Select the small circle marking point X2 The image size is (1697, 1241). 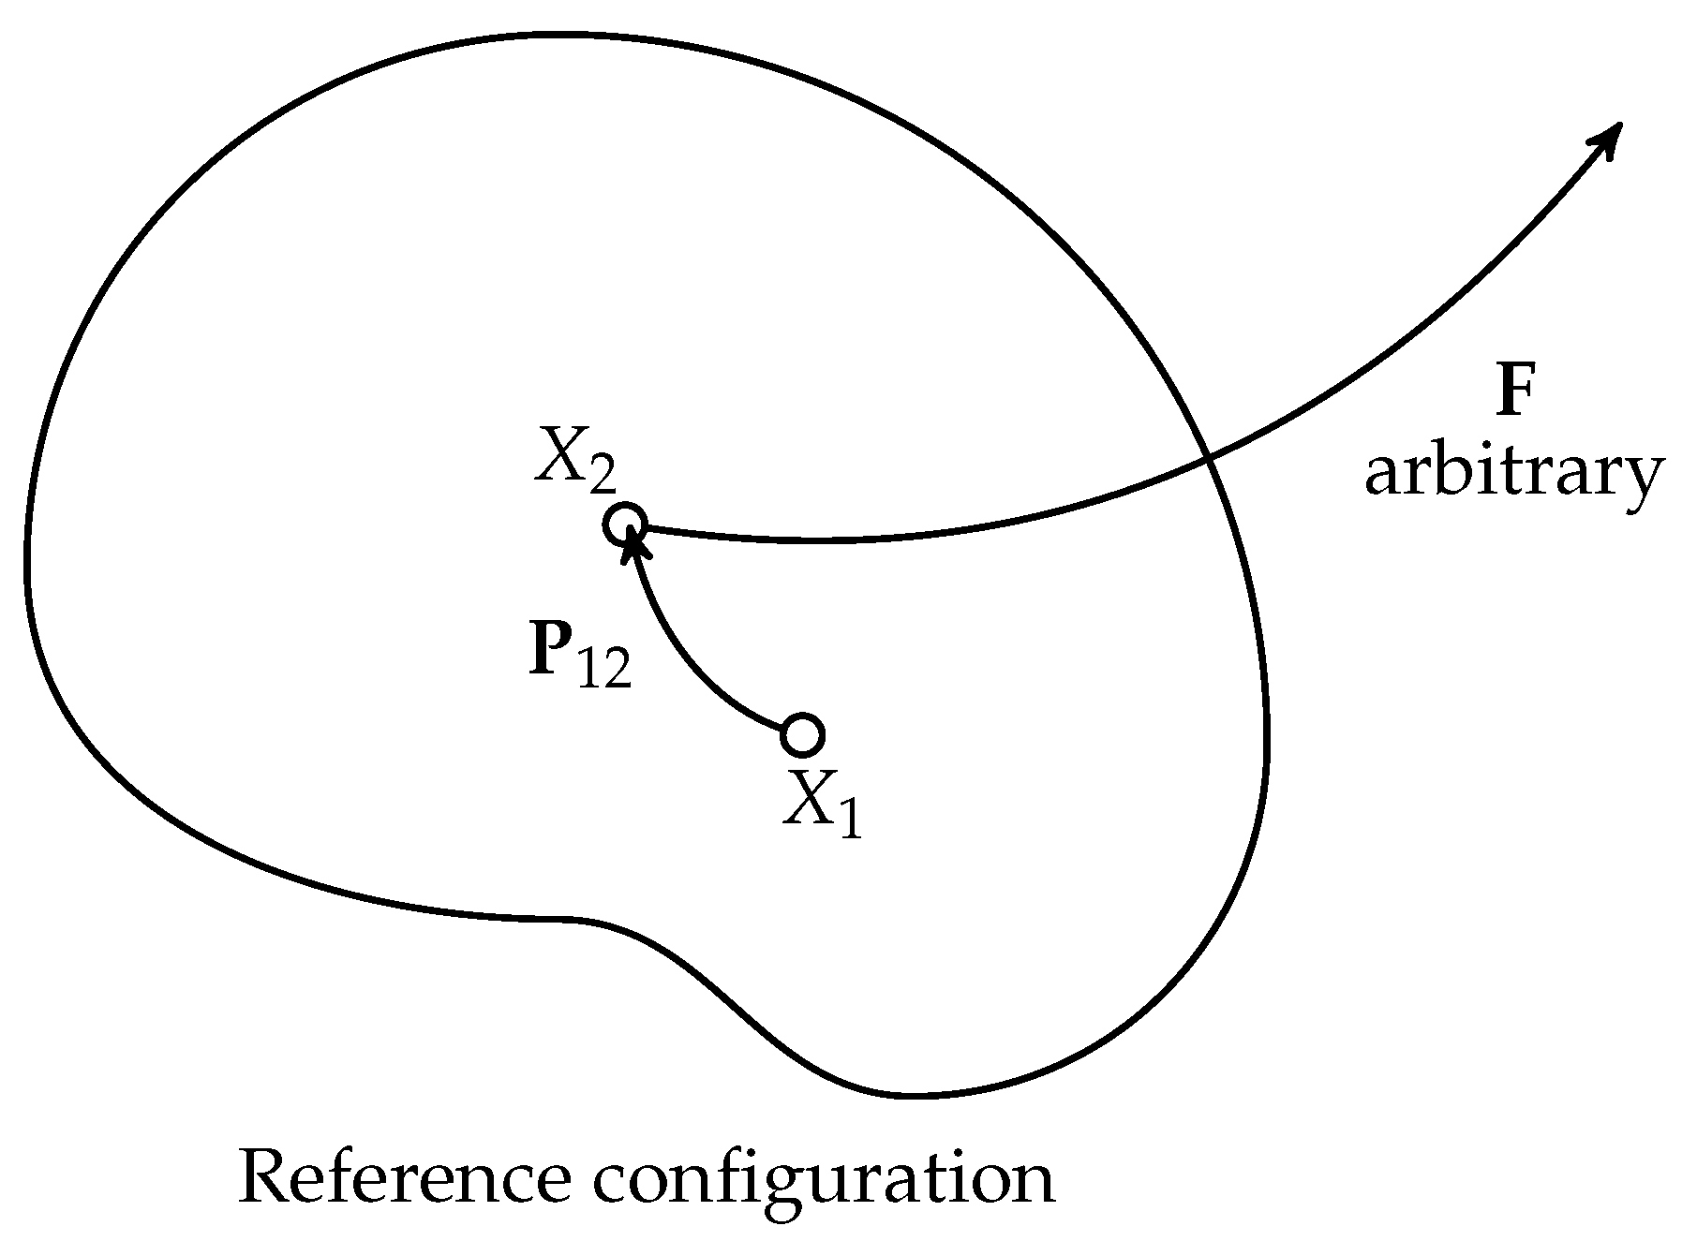(x=624, y=524)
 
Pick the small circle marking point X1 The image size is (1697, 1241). (x=802, y=735)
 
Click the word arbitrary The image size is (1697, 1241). (x=1512, y=474)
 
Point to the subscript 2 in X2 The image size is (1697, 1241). (x=602, y=478)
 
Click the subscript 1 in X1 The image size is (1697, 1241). (x=849, y=820)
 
